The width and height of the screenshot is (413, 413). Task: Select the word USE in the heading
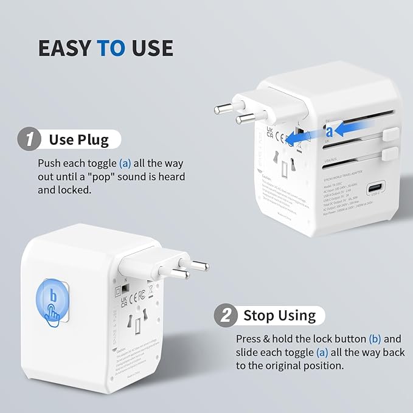(x=152, y=48)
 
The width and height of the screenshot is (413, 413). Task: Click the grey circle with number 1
(x=27, y=139)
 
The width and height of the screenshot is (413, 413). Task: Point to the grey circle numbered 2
(x=226, y=316)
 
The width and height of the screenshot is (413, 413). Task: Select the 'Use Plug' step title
(x=78, y=140)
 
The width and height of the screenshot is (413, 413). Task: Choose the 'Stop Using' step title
(x=279, y=316)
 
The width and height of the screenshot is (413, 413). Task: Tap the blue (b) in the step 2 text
(x=375, y=339)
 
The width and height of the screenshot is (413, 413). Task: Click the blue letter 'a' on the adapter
(x=329, y=131)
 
